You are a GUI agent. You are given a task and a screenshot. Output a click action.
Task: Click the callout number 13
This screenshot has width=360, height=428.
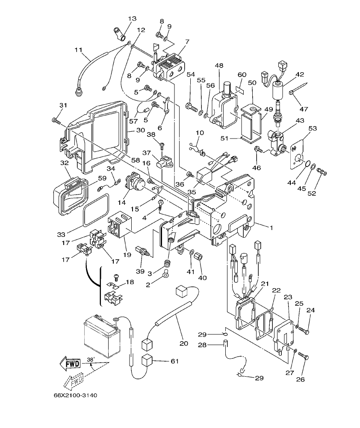(x=132, y=18)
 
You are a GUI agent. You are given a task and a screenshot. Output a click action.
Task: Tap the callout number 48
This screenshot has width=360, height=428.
(x=219, y=65)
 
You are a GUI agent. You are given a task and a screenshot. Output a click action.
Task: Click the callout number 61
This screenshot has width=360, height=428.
(x=174, y=361)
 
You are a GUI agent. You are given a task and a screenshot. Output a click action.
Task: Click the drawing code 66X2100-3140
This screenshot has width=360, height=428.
(x=73, y=395)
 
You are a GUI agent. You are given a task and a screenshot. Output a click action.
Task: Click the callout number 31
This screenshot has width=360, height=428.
(x=63, y=106)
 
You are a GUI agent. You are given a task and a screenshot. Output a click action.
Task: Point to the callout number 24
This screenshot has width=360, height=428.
(x=310, y=310)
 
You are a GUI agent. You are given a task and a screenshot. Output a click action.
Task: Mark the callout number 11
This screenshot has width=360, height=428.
(x=78, y=50)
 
